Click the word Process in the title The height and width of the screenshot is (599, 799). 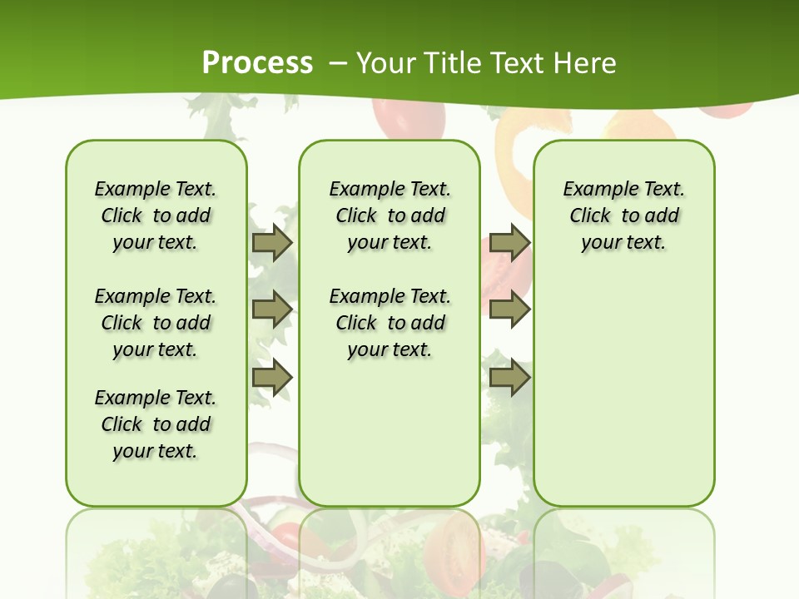pyautogui.click(x=257, y=62)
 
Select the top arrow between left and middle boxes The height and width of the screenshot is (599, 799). pyautogui.click(x=271, y=242)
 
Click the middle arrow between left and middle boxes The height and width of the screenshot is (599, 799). pyautogui.click(x=271, y=309)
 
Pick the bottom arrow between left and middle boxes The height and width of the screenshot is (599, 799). pyautogui.click(x=271, y=377)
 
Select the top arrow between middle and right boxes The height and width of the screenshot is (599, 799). pyautogui.click(x=509, y=242)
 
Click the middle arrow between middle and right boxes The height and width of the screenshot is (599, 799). pyautogui.click(x=509, y=309)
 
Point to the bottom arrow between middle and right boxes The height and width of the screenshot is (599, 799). pyautogui.click(x=509, y=377)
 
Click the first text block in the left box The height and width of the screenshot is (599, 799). pyautogui.click(x=156, y=215)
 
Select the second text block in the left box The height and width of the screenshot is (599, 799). pyautogui.click(x=156, y=323)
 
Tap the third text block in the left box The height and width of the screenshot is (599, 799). pyautogui.click(x=156, y=424)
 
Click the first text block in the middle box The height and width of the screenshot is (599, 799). pyautogui.click(x=390, y=215)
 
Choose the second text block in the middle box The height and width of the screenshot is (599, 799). pyautogui.click(x=390, y=323)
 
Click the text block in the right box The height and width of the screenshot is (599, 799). pyautogui.click(x=623, y=215)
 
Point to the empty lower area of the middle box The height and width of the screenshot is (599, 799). pyautogui.click(x=390, y=433)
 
